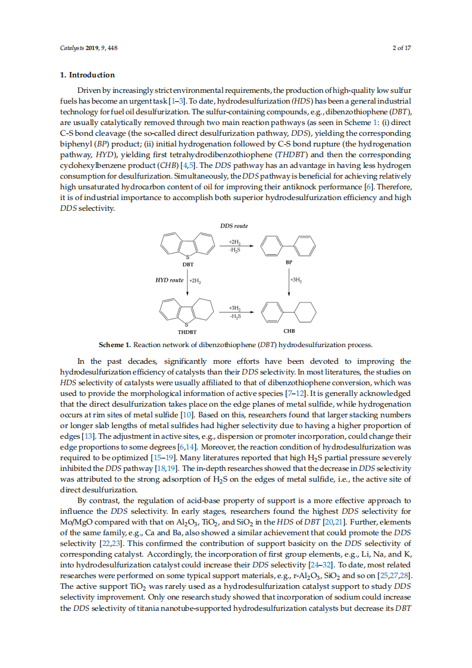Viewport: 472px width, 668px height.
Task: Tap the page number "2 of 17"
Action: pyautogui.click(x=402, y=48)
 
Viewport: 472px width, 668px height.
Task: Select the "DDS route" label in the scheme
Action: pyautogui.click(x=234, y=226)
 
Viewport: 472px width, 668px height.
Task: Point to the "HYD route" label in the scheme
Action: pyautogui.click(x=169, y=279)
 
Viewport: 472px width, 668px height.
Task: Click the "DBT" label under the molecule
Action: pyautogui.click(x=188, y=263)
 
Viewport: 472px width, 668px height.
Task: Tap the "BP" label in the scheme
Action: pyautogui.click(x=289, y=262)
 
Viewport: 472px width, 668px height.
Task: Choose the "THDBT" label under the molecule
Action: pyautogui.click(x=187, y=332)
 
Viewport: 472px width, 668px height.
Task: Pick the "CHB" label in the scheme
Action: pyautogui.click(x=289, y=330)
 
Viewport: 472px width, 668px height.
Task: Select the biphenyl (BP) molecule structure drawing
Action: pyautogui.click(x=289, y=245)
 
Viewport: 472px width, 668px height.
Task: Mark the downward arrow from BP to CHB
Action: pyautogui.click(x=288, y=279)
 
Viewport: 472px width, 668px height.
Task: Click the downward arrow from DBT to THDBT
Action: pyautogui.click(x=187, y=279)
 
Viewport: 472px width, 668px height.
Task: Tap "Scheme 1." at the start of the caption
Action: pyautogui.click(x=115, y=345)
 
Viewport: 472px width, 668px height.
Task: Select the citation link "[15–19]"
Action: pyautogui.click(x=164, y=457)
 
